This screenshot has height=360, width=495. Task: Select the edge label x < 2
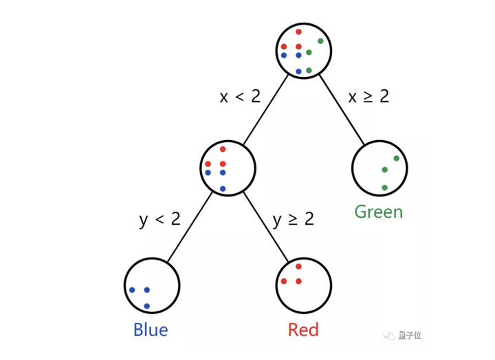click(x=240, y=96)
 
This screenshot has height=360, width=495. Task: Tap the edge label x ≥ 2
click(x=368, y=96)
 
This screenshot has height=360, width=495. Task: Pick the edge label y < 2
click(x=159, y=220)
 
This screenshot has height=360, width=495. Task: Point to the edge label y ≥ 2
click(x=293, y=220)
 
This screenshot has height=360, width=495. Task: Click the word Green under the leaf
click(x=378, y=212)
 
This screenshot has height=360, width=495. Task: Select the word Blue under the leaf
click(x=151, y=330)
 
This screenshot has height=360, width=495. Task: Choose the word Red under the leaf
click(x=303, y=330)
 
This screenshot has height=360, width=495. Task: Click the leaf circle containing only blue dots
click(x=153, y=286)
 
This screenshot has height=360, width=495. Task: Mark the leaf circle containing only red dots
click(x=303, y=286)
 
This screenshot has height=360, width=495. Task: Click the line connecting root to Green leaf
click(x=342, y=110)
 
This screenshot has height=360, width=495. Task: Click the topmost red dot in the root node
click(x=298, y=32)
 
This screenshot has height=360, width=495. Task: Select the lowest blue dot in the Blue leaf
click(x=146, y=306)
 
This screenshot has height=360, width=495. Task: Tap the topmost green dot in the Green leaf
click(x=397, y=159)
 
